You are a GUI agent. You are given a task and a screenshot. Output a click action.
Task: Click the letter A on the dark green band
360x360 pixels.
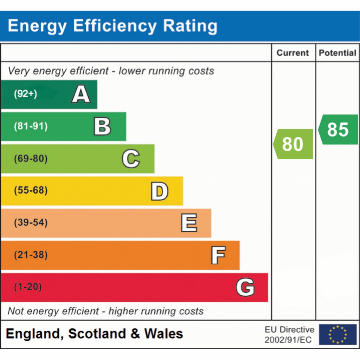(x=81, y=94)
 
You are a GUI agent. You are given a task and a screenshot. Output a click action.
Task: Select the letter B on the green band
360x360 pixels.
(x=102, y=126)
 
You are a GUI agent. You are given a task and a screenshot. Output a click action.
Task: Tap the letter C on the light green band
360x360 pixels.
(x=131, y=159)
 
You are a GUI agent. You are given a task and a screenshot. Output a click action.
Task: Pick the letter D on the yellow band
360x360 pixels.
(x=160, y=191)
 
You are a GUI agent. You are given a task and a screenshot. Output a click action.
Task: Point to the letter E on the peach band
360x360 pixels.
(x=189, y=223)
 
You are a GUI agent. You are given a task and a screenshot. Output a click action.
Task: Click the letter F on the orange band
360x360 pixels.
(x=218, y=255)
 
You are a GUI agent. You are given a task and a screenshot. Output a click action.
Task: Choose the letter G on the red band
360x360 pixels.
(x=245, y=287)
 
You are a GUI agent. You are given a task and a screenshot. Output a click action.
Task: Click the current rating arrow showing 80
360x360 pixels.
(x=293, y=144)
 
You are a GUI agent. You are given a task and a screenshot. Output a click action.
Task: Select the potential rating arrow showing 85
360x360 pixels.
(x=338, y=129)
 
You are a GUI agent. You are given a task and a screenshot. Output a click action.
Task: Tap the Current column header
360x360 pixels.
(x=292, y=53)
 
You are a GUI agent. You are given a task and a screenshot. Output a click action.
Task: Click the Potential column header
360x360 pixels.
(x=337, y=53)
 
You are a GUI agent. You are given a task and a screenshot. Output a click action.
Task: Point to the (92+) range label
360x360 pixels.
(x=25, y=94)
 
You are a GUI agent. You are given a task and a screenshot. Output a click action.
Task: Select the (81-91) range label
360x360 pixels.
(x=31, y=126)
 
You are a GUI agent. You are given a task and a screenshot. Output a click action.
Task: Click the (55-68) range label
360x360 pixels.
(x=31, y=190)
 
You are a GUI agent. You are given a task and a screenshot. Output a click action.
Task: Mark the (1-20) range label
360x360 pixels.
(x=28, y=287)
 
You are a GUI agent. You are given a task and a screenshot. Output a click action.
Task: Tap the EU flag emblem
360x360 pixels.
(x=338, y=334)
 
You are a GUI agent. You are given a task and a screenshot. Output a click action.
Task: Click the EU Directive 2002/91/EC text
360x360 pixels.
(x=289, y=335)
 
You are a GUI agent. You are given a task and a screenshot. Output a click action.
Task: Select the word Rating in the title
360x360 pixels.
(x=190, y=26)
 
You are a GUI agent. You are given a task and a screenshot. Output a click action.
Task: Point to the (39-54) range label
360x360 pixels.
(x=31, y=223)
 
